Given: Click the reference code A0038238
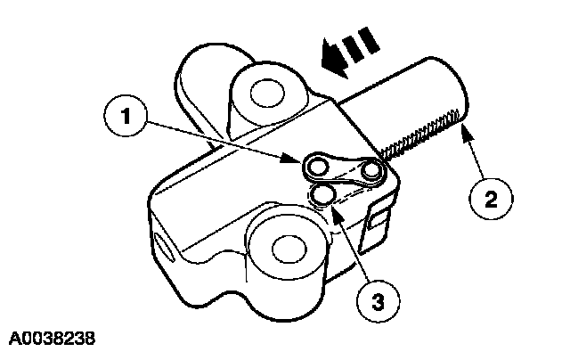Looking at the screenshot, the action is click(51, 340).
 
